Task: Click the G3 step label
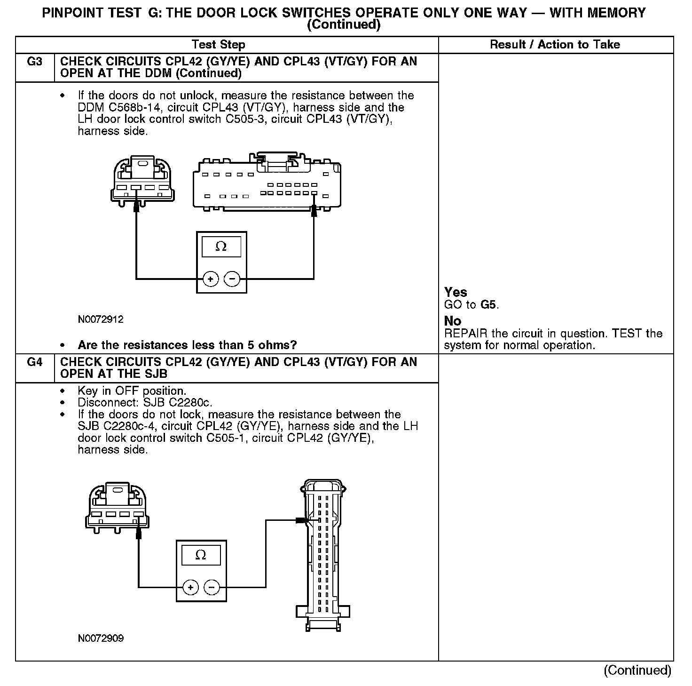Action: [35, 62]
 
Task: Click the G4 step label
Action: [35, 362]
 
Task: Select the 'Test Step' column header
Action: [218, 45]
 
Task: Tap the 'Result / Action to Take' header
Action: [555, 45]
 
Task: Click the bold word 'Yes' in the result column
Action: [456, 292]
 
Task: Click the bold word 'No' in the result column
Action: [453, 321]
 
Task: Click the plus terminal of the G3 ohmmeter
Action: [211, 279]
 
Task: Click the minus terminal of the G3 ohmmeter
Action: [232, 279]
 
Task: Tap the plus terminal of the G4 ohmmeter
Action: [190, 587]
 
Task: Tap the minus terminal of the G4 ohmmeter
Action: [212, 587]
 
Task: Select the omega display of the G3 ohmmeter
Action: [221, 247]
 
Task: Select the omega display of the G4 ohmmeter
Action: [201, 555]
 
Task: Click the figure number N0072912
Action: [101, 319]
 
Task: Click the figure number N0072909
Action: [101, 638]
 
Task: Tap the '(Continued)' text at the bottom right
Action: [637, 670]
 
